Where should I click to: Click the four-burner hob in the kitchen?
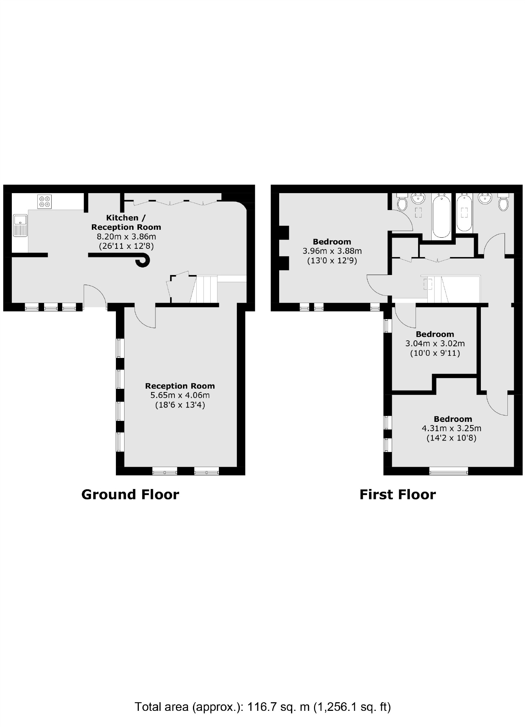coord(44,201)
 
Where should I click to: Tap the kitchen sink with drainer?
coord(20,225)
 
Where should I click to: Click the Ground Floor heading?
coord(130,494)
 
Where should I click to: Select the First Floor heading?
coord(398,494)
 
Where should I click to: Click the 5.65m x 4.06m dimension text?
coord(180,395)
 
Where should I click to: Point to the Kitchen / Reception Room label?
coord(126,222)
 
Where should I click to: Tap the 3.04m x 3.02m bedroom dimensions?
coord(435,344)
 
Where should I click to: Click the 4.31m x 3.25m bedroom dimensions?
coord(451,428)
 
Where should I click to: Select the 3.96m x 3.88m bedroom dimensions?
coord(332,251)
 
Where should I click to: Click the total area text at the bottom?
coord(262,707)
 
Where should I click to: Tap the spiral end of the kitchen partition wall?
coord(143,261)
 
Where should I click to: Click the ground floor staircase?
coord(204,289)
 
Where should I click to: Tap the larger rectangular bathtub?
coord(441,215)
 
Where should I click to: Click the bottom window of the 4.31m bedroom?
coord(449,471)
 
